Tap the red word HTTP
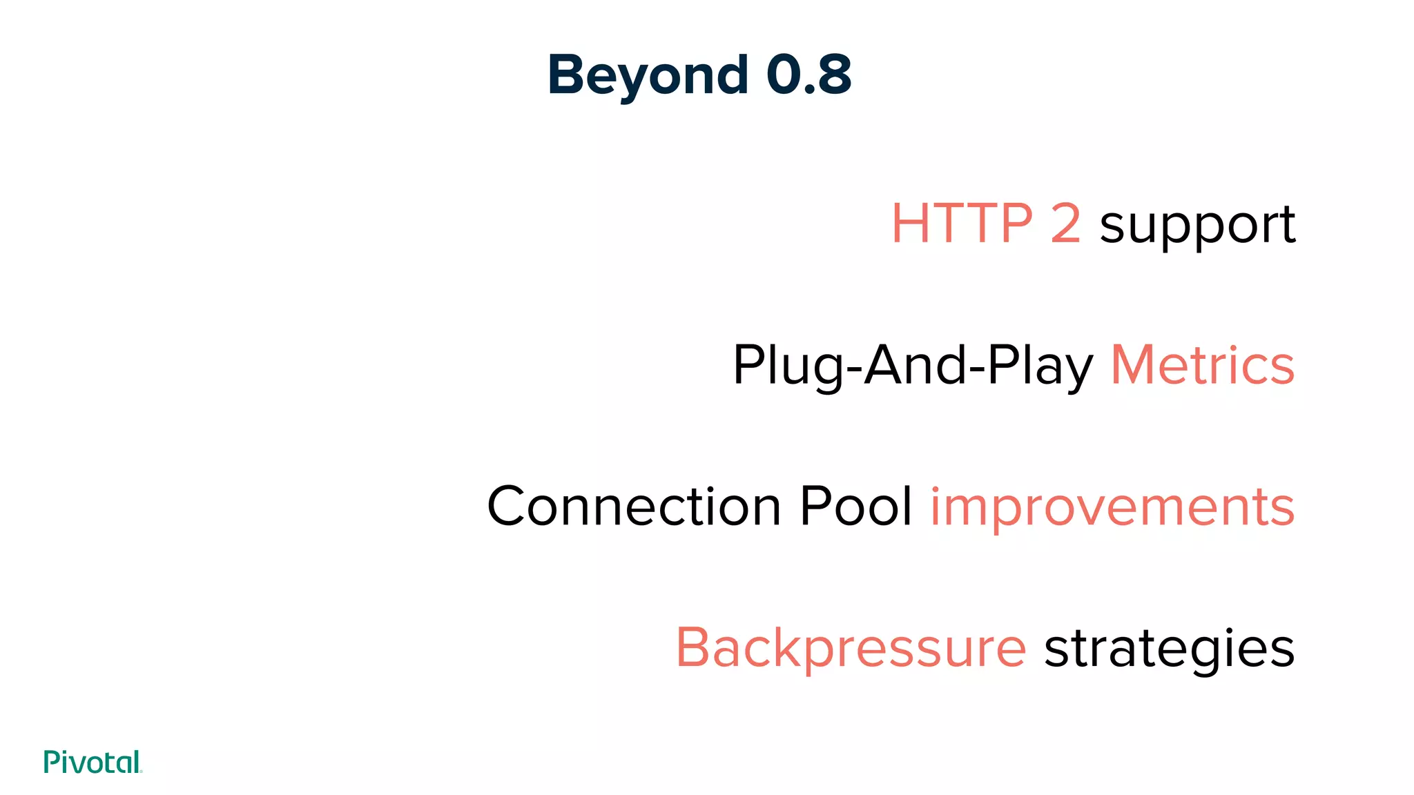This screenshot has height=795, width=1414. click(962, 224)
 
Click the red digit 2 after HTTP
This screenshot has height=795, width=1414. click(1065, 224)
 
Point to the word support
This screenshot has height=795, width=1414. click(1197, 226)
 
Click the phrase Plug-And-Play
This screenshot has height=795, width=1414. click(913, 366)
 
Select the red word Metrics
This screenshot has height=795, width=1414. click(1202, 365)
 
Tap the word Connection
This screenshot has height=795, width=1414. click(634, 507)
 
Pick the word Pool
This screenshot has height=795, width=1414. click(855, 507)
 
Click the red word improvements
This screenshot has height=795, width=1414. click(1112, 508)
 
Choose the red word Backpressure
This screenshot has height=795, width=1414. click(851, 649)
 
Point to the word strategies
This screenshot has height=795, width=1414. click(1169, 649)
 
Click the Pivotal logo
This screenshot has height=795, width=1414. click(93, 762)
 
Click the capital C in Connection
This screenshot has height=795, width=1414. click(512, 507)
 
